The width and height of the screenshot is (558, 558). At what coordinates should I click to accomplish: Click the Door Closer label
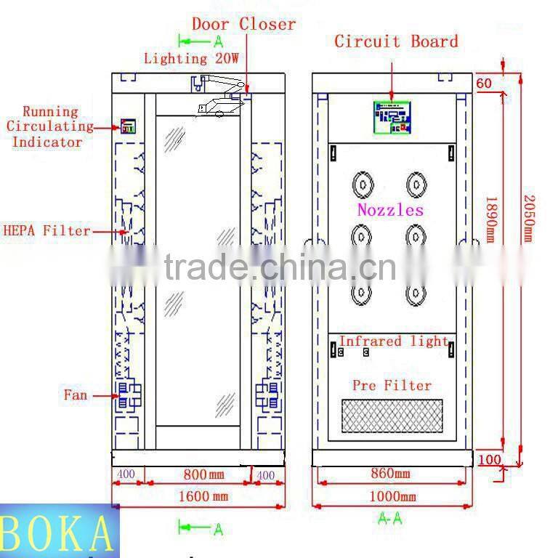pos(243,24)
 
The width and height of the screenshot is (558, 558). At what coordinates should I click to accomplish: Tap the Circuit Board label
pos(396,41)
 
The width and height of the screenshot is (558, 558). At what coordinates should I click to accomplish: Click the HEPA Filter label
pos(46,231)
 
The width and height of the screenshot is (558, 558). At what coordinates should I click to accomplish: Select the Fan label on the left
pos(75,395)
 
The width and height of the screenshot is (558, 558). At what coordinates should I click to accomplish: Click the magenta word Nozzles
pos(390,210)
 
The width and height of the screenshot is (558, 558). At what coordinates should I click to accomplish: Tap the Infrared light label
pos(393,341)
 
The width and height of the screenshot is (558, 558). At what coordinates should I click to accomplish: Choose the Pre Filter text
pos(392,385)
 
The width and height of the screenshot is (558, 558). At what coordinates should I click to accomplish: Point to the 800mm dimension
pos(203,474)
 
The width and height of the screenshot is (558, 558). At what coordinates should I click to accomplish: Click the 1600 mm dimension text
pos(201,496)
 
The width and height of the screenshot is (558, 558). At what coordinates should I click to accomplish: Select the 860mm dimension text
pos(389,474)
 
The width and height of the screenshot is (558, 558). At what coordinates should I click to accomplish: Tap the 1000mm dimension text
pos(392,496)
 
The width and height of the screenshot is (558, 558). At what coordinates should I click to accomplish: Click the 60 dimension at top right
pos(484,83)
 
